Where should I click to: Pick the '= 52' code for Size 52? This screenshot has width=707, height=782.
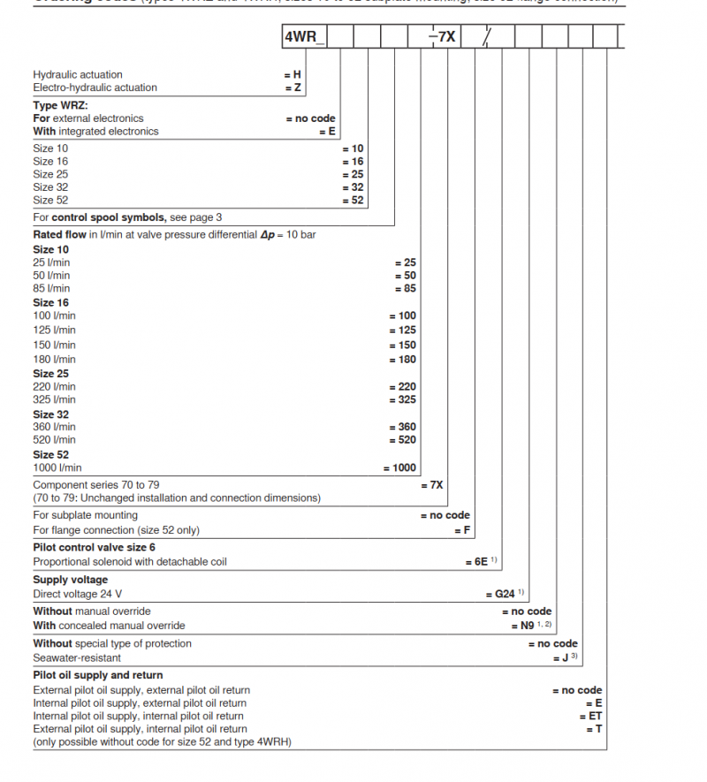[x=353, y=200]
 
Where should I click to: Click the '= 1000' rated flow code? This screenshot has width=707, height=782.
[x=399, y=467]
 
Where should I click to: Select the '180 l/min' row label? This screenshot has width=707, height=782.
[x=55, y=360]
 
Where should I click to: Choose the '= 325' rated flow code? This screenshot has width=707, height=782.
[x=402, y=399]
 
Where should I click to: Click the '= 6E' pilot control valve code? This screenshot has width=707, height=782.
[x=476, y=561]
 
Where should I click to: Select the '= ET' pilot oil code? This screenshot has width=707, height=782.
[x=589, y=716]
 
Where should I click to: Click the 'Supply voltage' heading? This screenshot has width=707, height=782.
[x=70, y=580]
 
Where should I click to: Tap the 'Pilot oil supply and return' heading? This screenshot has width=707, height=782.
[x=97, y=675]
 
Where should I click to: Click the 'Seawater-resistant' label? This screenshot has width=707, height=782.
[x=77, y=657]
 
